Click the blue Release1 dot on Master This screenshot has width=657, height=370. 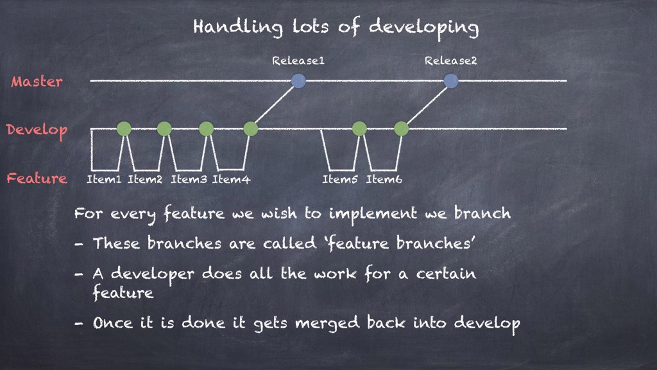coord(298,80)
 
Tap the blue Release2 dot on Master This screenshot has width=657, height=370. coord(451,80)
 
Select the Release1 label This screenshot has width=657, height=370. coord(298,61)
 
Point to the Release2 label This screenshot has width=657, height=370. coord(451,61)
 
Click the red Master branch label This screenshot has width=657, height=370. coord(37,82)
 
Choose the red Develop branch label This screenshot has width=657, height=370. coord(37,130)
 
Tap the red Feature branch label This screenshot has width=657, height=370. coord(37,179)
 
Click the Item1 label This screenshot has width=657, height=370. coord(104,180)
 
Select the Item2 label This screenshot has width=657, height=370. coord(145,180)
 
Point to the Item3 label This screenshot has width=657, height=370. coord(189,180)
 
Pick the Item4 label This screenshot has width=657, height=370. coord(231,180)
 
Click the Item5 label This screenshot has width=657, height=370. coord(340,180)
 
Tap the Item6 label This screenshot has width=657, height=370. coord(384,180)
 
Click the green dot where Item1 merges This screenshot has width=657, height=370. coord(124,128)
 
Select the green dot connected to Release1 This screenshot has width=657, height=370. coord(251,128)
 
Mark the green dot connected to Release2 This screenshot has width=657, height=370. coord(401,128)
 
